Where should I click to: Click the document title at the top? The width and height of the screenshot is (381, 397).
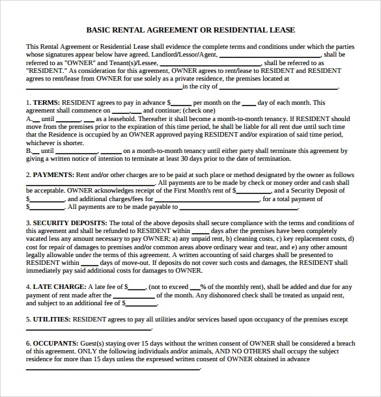click(x=190, y=29)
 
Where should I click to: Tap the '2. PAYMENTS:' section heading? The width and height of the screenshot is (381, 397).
click(x=49, y=175)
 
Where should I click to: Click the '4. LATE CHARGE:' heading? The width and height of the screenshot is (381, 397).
click(x=55, y=286)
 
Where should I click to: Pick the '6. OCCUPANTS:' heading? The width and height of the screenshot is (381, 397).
click(x=51, y=342)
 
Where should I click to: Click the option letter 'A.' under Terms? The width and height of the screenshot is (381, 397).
click(x=30, y=119)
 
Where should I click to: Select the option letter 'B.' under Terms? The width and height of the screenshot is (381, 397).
click(x=30, y=151)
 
